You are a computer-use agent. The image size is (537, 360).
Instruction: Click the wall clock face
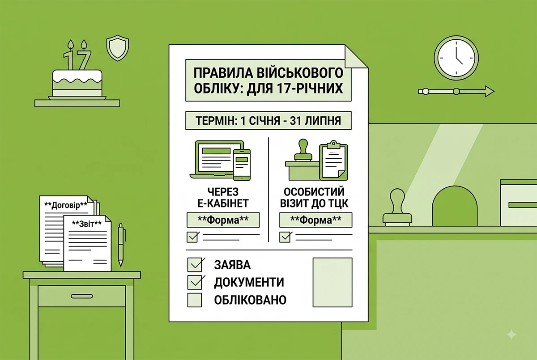point(456,58)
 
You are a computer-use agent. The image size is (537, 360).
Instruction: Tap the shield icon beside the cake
point(117,48)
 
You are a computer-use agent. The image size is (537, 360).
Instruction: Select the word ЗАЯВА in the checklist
point(232,265)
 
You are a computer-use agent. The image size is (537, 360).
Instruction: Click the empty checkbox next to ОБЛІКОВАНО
point(194,300)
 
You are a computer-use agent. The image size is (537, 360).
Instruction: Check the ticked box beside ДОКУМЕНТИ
point(195,282)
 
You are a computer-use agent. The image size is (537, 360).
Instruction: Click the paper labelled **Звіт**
point(87,243)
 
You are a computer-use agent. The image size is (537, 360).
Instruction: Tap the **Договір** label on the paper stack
point(66,205)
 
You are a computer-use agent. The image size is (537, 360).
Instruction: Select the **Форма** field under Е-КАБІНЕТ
point(223,220)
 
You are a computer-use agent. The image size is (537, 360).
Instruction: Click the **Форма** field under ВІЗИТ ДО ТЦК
point(316,220)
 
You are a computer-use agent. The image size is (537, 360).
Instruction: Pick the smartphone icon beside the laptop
point(242,165)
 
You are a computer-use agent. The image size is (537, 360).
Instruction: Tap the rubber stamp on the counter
point(397,208)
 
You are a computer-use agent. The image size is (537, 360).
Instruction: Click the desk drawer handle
point(82,296)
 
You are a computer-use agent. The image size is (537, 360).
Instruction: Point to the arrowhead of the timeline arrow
point(489,91)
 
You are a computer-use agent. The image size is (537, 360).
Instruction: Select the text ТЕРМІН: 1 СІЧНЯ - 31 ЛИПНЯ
point(268,121)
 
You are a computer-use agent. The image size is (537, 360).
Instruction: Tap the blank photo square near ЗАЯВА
point(332,282)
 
